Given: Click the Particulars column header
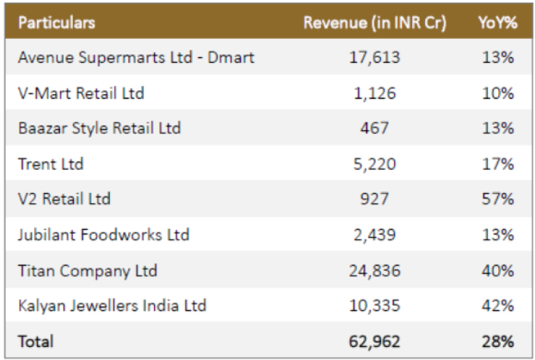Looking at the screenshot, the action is click(57, 22).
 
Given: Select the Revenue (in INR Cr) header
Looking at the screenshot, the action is click(375, 23).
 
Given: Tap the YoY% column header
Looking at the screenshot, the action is click(498, 23).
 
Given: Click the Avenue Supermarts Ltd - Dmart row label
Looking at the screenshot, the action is click(136, 57).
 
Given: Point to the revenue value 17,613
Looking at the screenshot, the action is click(374, 57).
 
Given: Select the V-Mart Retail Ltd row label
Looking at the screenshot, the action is click(81, 93).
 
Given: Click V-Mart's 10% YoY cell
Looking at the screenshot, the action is click(498, 93).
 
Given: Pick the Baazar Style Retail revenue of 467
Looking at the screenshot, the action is click(374, 128).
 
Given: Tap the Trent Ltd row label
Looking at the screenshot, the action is click(51, 164).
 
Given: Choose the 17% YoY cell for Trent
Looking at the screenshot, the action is click(498, 164).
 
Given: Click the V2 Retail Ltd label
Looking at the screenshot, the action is click(65, 198).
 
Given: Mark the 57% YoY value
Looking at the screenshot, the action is click(498, 198).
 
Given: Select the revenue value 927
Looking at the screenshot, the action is click(374, 198).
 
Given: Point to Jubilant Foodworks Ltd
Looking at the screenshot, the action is click(104, 235).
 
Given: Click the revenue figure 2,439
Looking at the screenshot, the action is click(374, 235).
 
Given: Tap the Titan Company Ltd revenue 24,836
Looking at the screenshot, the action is click(374, 271).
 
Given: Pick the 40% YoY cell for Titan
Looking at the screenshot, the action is click(498, 271).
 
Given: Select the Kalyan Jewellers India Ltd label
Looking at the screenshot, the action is click(112, 305).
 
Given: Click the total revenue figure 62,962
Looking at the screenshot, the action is click(374, 342).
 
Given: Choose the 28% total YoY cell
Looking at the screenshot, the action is click(498, 341).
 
